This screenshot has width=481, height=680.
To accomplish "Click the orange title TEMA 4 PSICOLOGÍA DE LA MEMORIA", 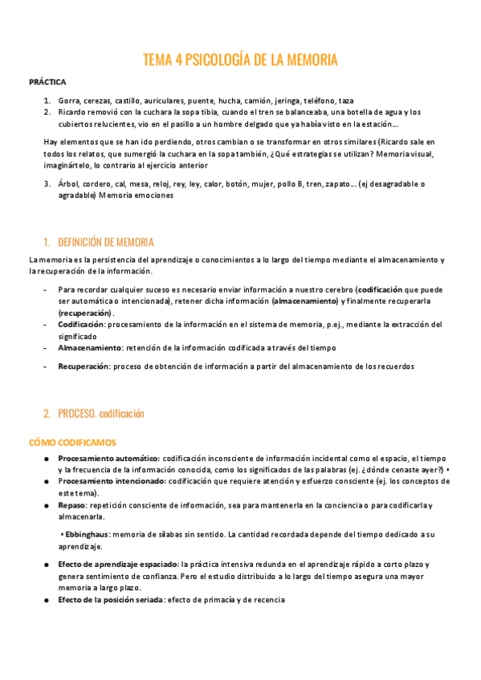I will tap(240, 60).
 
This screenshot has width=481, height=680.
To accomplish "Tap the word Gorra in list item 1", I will tap(69, 101).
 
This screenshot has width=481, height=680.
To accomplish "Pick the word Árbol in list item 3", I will tap(70, 184).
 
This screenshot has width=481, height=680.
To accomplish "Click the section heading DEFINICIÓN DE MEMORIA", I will tap(105, 242).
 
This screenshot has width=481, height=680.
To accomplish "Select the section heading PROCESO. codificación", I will tap(101, 414).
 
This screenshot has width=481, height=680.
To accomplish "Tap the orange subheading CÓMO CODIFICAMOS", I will tap(72, 442).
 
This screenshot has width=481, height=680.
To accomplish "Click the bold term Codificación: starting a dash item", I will tap(82, 325).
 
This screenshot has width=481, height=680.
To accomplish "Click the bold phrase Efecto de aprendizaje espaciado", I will tap(118, 565).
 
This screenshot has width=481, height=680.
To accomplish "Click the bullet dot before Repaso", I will tap(47, 505).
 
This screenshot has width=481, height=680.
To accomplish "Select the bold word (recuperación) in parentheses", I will tap(84, 312).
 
